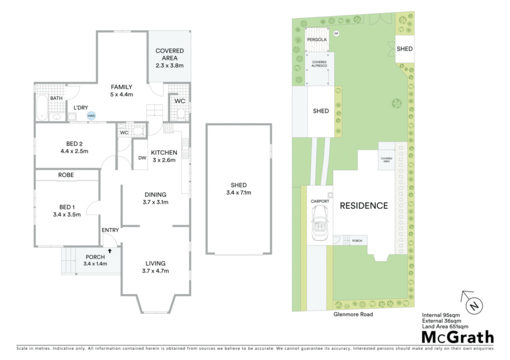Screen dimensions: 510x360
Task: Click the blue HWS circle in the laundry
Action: (x=91, y=116)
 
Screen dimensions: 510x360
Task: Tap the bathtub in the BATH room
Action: (x=42, y=108)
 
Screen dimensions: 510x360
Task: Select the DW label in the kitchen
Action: (x=142, y=158)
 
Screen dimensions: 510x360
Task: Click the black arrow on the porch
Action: (x=110, y=251)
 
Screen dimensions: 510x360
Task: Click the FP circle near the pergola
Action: (x=336, y=33)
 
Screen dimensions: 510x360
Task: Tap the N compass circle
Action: (x=474, y=306)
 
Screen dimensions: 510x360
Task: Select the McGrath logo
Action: (x=458, y=337)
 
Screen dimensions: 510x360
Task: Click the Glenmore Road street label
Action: (x=353, y=315)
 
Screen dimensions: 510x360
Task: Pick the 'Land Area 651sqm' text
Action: (x=445, y=327)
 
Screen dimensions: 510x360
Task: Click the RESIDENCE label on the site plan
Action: (x=364, y=206)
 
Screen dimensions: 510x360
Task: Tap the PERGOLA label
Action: (x=317, y=40)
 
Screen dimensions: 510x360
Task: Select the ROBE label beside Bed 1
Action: (x=66, y=175)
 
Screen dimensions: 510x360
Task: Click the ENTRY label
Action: (x=110, y=230)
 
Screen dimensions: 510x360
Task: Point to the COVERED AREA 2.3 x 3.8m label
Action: (x=169, y=58)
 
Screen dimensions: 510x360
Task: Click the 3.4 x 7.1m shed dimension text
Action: (x=239, y=193)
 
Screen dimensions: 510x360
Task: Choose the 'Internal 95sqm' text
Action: (x=441, y=315)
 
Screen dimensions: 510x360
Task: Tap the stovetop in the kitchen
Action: (x=168, y=128)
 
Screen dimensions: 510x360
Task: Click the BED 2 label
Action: (x=74, y=144)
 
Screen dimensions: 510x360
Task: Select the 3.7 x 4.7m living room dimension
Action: (x=155, y=271)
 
